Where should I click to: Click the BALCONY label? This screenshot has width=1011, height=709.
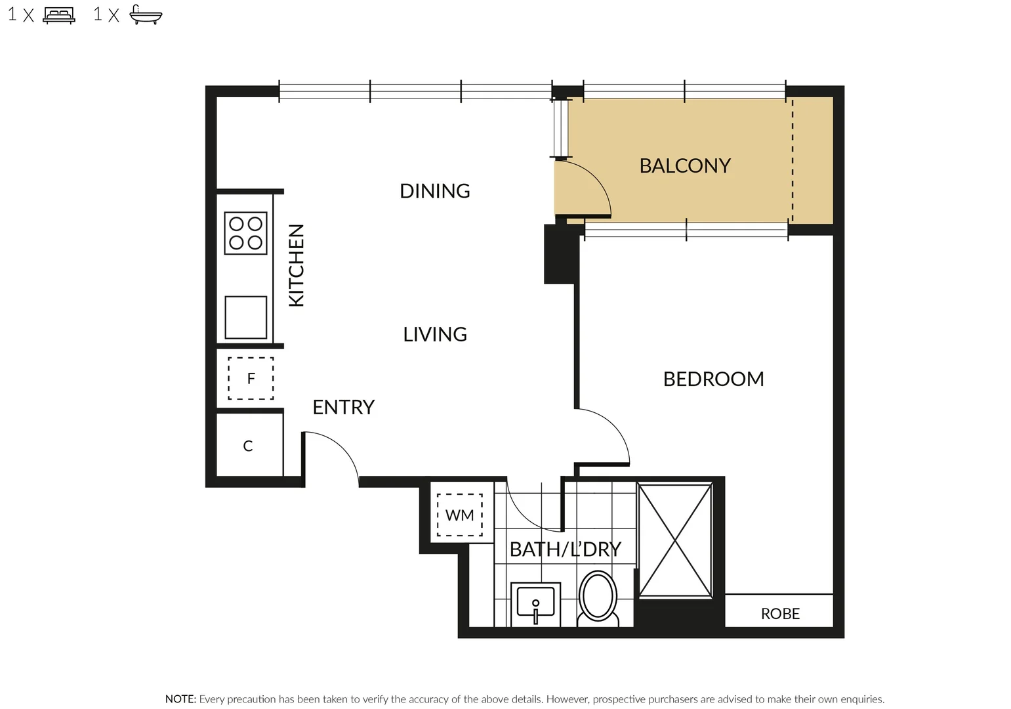[684, 165]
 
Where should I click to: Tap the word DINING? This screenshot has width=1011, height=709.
[434, 191]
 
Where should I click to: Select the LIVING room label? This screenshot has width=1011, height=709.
[434, 334]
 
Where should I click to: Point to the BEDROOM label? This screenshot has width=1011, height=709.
[713, 379]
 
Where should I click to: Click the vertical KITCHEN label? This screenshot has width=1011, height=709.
[297, 265]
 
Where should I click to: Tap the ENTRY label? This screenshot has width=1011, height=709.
[343, 407]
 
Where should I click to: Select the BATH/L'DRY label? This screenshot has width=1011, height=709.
[565, 549]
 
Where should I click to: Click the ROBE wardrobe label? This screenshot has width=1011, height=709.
[779, 614]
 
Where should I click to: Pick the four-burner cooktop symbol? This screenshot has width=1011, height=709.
[245, 233]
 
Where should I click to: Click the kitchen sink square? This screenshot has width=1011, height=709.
[245, 317]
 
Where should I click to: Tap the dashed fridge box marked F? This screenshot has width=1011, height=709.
[251, 378]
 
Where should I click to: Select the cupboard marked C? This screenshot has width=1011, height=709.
[248, 446]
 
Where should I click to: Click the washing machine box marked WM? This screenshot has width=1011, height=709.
[459, 515]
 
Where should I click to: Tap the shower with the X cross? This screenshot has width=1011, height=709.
[674, 540]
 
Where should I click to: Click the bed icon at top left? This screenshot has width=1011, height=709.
[59, 14]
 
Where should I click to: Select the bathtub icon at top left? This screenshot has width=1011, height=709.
[146, 14]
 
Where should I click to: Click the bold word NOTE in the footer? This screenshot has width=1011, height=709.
[180, 699]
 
